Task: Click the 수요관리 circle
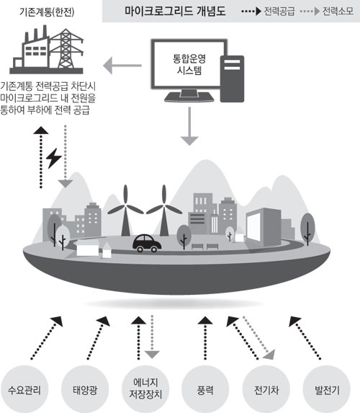tap(24, 389)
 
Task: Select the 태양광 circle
tap(85, 389)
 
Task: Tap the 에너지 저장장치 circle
tap(145, 389)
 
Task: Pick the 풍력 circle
tap(205, 389)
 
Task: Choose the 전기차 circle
tap(266, 389)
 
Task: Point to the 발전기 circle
tap(327, 389)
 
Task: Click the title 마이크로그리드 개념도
tap(175, 11)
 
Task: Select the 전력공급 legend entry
tap(268, 12)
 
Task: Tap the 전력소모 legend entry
tap(327, 12)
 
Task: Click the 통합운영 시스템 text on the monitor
tap(189, 65)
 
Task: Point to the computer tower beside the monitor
tap(232, 79)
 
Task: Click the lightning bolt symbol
tap(54, 158)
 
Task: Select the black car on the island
tap(147, 243)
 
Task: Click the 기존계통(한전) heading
tap(47, 12)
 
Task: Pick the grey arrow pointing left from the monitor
tap(122, 66)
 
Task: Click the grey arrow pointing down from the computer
tap(189, 126)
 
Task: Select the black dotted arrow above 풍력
tap(205, 338)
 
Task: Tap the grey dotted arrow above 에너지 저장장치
tap(152, 337)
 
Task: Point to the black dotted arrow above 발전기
tap(305, 337)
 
